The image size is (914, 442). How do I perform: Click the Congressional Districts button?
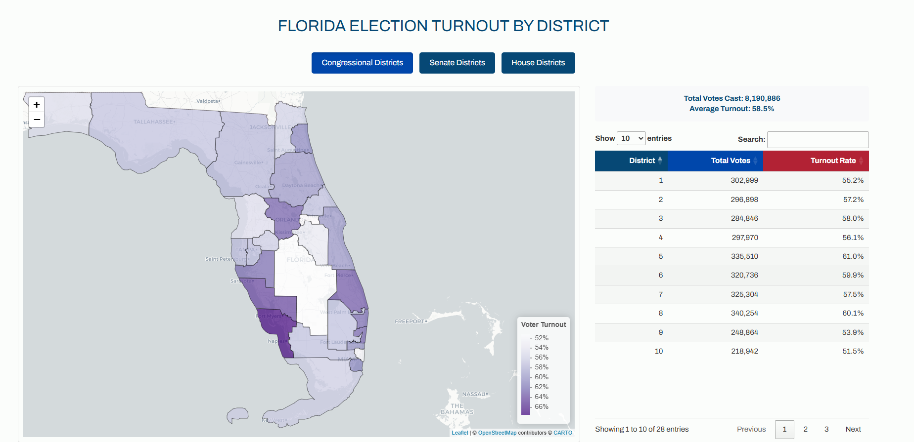pyautogui.click(x=362, y=63)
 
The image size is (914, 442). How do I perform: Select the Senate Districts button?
pyautogui.click(x=457, y=63)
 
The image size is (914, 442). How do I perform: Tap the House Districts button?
pyautogui.click(x=538, y=63)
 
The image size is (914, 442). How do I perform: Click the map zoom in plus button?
pyautogui.click(x=37, y=105)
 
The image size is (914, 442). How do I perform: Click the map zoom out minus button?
pyautogui.click(x=37, y=120)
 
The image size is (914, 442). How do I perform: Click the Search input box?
pyautogui.click(x=818, y=139)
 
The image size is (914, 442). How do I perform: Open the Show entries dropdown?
pyautogui.click(x=631, y=138)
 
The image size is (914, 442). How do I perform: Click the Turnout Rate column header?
pyautogui.click(x=833, y=161)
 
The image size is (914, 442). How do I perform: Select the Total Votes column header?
pyautogui.click(x=731, y=161)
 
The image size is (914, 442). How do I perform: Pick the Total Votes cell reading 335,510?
pyautogui.click(x=744, y=256)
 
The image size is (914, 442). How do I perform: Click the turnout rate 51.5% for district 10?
pyautogui.click(x=853, y=351)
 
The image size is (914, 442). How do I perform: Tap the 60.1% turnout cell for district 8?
pyautogui.click(x=853, y=313)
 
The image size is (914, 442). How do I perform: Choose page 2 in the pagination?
pyautogui.click(x=805, y=429)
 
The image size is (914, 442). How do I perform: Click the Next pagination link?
pyautogui.click(x=853, y=429)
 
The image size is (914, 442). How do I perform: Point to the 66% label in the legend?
pyautogui.click(x=541, y=406)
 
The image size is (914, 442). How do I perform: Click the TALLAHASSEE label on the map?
pyautogui.click(x=153, y=121)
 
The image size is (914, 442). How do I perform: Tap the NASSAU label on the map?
pyautogui.click(x=474, y=394)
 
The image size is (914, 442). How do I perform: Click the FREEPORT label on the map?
pyautogui.click(x=410, y=321)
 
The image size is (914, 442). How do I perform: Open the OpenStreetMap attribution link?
pyautogui.click(x=497, y=433)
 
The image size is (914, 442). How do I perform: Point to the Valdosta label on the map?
pyautogui.click(x=208, y=101)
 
